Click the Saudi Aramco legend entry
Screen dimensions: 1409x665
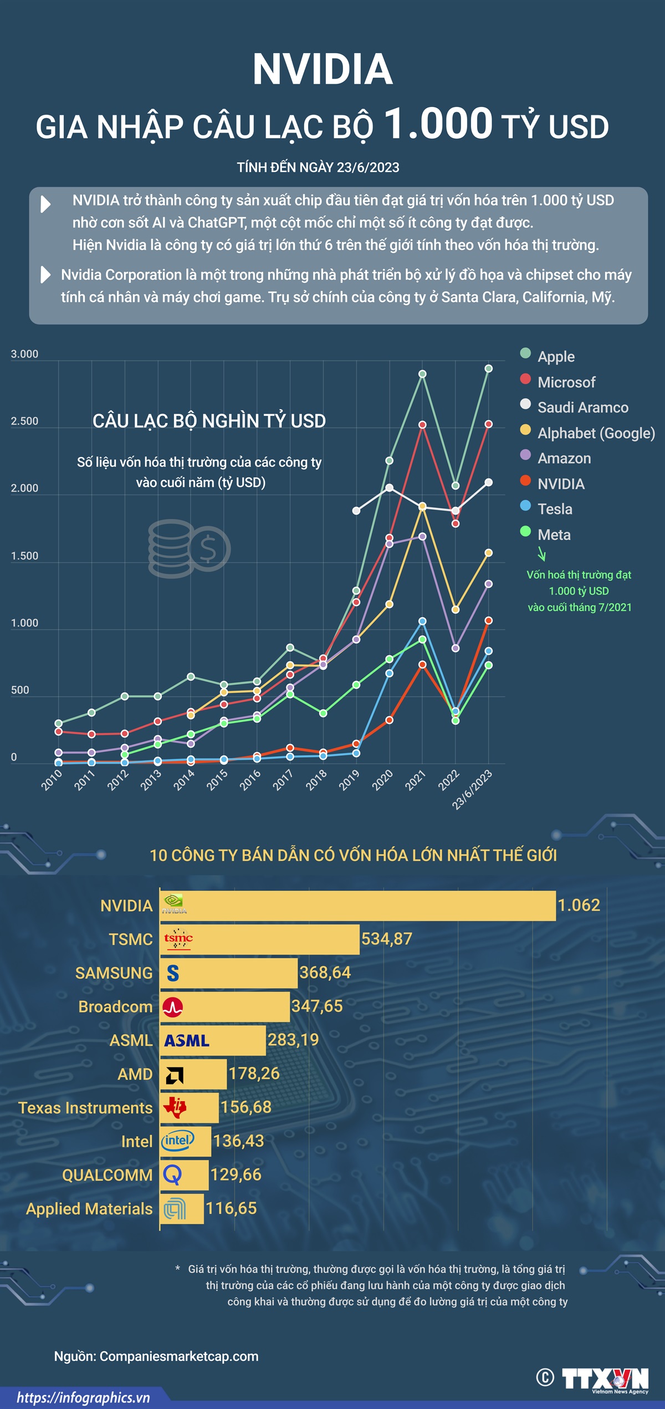(x=582, y=408)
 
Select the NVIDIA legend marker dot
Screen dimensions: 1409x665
(x=525, y=481)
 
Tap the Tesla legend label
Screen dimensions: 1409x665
(x=555, y=509)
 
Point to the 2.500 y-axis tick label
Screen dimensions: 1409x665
(x=25, y=421)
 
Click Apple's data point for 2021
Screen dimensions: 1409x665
(x=422, y=374)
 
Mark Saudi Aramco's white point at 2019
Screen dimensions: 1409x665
(x=356, y=511)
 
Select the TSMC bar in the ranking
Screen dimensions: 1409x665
(x=259, y=939)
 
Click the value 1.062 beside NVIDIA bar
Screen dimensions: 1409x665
(x=579, y=906)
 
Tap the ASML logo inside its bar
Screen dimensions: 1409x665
(x=187, y=1041)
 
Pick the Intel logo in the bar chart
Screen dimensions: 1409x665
(x=177, y=1141)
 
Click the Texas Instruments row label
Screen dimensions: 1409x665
(x=85, y=1108)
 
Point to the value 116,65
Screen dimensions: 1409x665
(x=231, y=1208)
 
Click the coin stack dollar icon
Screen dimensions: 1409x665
(x=188, y=548)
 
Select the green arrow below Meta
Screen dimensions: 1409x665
(x=542, y=553)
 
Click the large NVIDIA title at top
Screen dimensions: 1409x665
(x=323, y=69)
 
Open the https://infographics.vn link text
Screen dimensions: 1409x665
(x=83, y=1398)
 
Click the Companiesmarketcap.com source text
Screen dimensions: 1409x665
(x=179, y=1356)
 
